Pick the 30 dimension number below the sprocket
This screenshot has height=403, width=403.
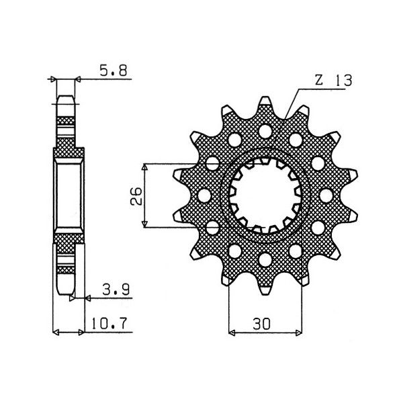tap(263, 323)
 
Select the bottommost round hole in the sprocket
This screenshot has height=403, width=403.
tap(264, 259)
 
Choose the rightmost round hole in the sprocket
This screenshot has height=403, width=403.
tap(328, 194)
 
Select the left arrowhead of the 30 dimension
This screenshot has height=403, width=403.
tap(233, 332)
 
